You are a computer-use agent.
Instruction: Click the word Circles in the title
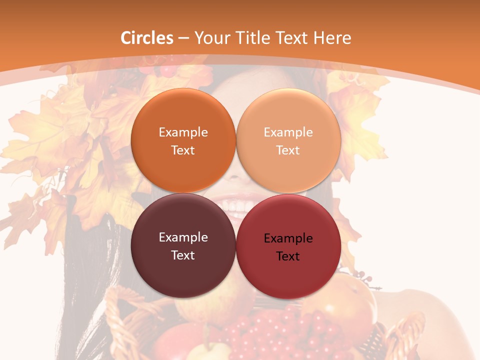[x=146, y=38]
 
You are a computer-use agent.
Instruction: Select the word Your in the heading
[x=210, y=38]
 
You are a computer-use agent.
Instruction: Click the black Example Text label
[x=288, y=247]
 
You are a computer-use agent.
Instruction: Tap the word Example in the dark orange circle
[x=183, y=132]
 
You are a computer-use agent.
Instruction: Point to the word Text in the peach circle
[x=288, y=150]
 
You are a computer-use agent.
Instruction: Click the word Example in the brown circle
[x=183, y=237]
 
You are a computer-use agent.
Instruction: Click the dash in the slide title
[x=183, y=38]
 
